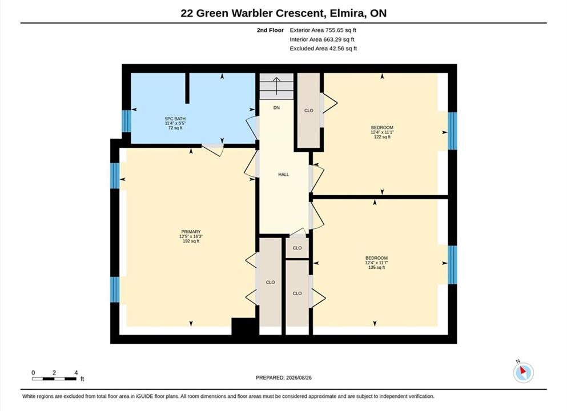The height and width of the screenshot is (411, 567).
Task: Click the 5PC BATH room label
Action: click(175, 119)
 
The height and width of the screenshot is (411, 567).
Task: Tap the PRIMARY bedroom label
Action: click(191, 232)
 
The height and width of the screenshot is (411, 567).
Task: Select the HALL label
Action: click(283, 174)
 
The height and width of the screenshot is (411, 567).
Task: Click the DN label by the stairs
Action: click(276, 108)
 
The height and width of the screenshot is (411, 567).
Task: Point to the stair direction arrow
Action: click(277, 86)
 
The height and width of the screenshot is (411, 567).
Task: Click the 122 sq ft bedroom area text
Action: click(382, 137)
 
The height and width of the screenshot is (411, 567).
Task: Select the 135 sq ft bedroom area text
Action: click(376, 268)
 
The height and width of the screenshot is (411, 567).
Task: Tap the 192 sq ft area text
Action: click(191, 241)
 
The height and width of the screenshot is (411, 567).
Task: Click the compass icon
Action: click(523, 372)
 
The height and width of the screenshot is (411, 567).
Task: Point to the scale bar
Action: click(54, 379)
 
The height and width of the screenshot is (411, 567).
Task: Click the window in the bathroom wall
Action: click(126, 121)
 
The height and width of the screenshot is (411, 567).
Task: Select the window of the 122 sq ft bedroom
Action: click(452, 131)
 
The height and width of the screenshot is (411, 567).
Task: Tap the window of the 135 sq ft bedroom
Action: click(452, 265)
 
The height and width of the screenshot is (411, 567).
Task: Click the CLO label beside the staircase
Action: click(309, 111)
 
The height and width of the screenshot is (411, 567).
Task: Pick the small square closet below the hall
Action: click(297, 248)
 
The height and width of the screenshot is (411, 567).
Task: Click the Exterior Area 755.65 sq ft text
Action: click(323, 30)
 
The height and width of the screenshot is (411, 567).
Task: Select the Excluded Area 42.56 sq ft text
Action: click(323, 49)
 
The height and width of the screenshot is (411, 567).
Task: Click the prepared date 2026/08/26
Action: click(299, 378)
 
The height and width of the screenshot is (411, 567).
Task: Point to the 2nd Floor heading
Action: click(270, 30)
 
